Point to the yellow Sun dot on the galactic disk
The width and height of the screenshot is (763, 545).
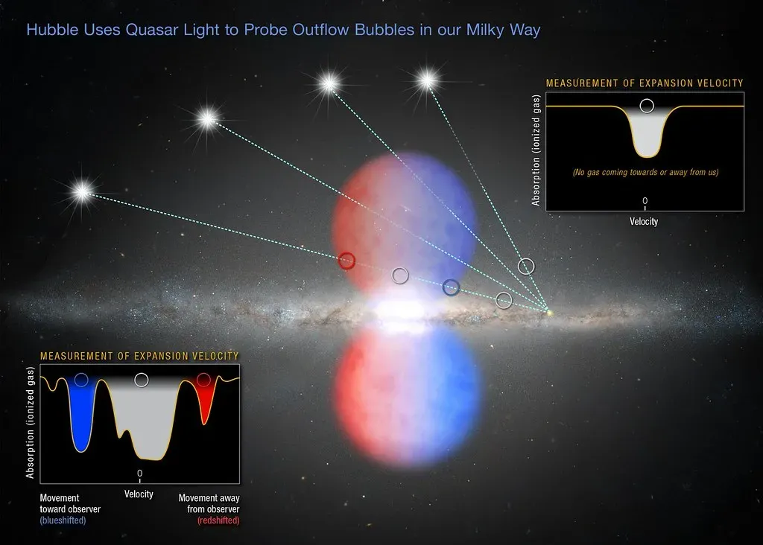(549, 311)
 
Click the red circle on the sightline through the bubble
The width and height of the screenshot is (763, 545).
(346, 260)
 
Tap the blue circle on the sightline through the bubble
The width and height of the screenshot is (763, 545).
(451, 287)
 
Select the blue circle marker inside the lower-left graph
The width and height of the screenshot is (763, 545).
(81, 380)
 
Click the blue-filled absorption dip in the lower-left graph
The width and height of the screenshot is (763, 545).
(82, 421)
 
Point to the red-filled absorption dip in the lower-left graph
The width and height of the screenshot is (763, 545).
(204, 406)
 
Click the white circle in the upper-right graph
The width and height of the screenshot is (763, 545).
(647, 105)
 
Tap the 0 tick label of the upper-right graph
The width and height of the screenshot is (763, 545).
(645, 201)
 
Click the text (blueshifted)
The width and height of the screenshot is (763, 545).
(63, 520)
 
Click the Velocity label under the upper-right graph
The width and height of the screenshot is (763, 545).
(645, 221)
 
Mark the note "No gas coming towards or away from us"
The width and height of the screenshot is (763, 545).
(645, 173)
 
